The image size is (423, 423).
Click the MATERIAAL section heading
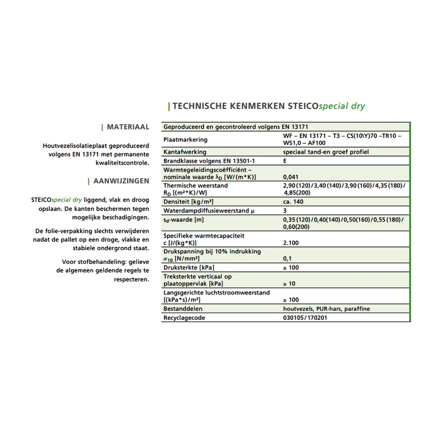pos(127,127)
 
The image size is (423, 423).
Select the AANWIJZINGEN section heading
pos(121,181)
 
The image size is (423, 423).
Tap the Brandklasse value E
pos(286,160)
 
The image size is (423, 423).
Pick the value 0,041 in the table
pos(291,177)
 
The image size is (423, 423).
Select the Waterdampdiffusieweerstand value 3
pos(286,210)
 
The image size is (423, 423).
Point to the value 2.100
pos(291,243)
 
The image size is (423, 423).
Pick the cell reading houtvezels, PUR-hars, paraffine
pos(326,309)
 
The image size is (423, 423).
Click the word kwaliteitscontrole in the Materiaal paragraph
pos(123,163)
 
